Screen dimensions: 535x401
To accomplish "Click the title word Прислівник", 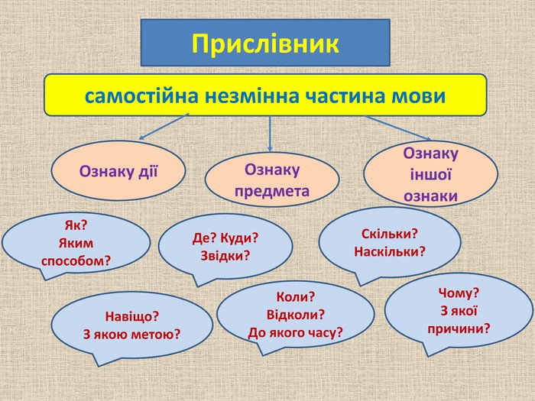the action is pyautogui.click(x=265, y=44).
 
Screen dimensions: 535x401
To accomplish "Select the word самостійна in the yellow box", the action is pyautogui.click(x=141, y=95).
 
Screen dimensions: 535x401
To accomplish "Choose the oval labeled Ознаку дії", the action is pyautogui.click(x=118, y=170).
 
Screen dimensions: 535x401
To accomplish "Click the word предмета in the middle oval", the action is pyautogui.click(x=272, y=191).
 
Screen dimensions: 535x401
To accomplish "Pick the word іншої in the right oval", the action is pyautogui.click(x=430, y=174).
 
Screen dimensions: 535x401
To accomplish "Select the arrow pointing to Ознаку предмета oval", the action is pyautogui.click(x=270, y=134).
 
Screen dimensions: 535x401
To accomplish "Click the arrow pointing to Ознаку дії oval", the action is pyautogui.click(x=164, y=127).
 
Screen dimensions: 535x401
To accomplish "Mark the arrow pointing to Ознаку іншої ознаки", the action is pyautogui.click(x=398, y=128).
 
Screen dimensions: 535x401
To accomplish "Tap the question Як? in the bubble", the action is pyautogui.click(x=76, y=225).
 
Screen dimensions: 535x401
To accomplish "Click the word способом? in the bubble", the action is pyautogui.click(x=76, y=261).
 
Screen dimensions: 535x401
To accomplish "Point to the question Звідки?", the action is pyautogui.click(x=225, y=255).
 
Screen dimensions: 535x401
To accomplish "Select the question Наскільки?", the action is pyautogui.click(x=390, y=251).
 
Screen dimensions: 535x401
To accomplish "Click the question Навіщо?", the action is pyautogui.click(x=131, y=316).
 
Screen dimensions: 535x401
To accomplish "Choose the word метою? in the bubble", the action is pyautogui.click(x=156, y=335).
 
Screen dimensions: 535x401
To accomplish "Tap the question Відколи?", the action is pyautogui.click(x=296, y=315).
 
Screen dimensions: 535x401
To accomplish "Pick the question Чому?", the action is pyautogui.click(x=459, y=293).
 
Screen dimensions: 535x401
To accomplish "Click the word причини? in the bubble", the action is pyautogui.click(x=459, y=328).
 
